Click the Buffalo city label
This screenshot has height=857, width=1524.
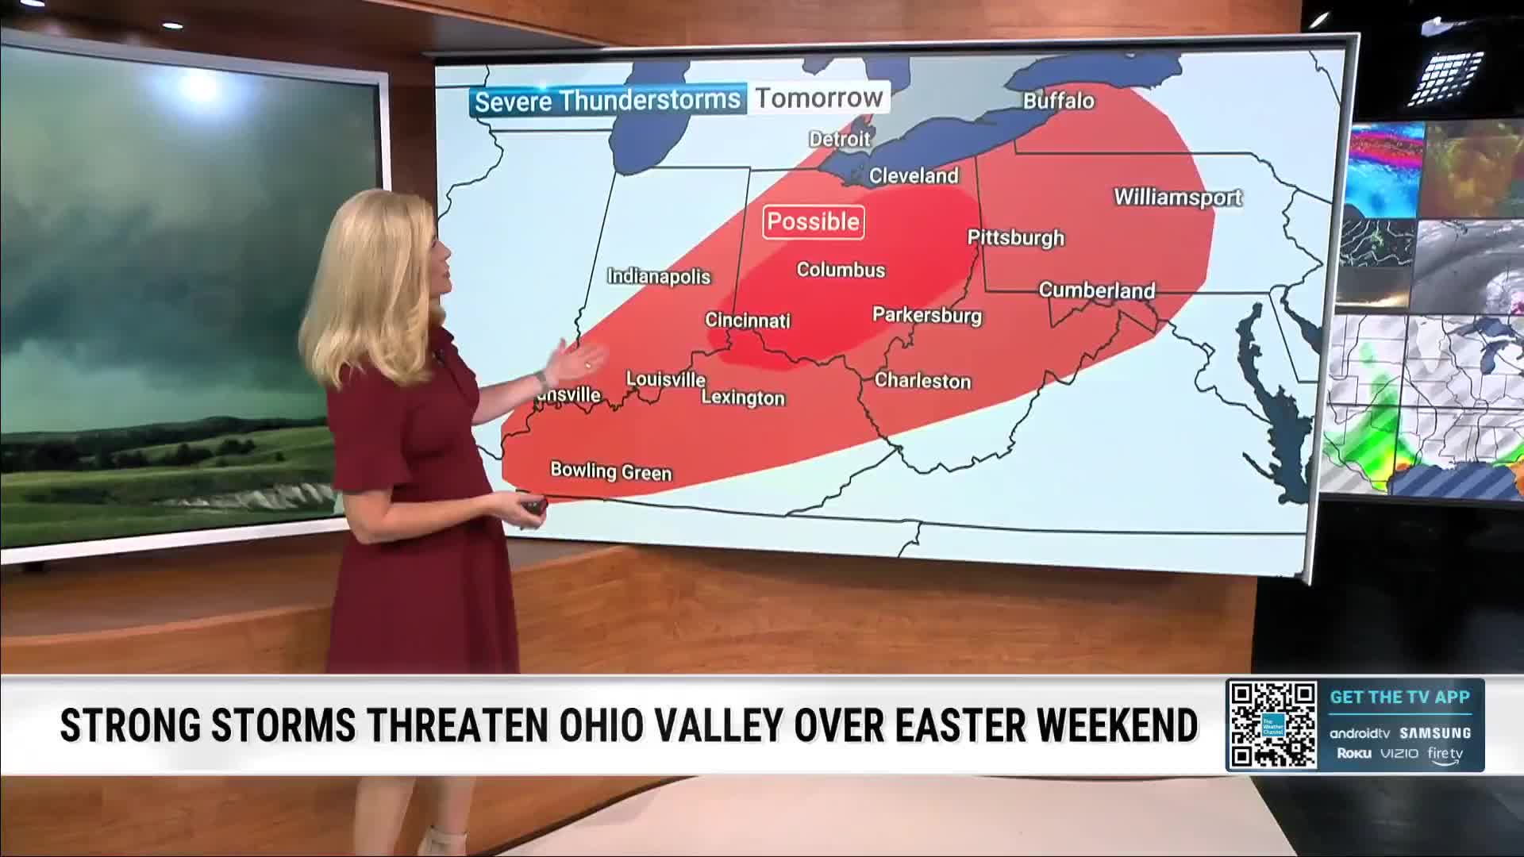(1058, 101)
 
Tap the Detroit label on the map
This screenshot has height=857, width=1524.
(839, 139)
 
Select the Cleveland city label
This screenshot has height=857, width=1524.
(914, 175)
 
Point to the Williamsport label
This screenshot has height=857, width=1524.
(1178, 197)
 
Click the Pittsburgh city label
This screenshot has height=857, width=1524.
(1015, 237)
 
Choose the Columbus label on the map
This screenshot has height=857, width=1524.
(841, 270)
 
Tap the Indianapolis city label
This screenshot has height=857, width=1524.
(659, 276)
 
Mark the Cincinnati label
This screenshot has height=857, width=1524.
(748, 321)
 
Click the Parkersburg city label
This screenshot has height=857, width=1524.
(927, 315)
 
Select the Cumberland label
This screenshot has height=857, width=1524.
(1097, 290)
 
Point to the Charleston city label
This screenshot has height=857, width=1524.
(922, 381)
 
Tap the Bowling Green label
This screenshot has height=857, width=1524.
(611, 471)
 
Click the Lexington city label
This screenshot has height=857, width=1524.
(743, 398)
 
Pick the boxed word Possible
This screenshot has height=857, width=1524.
(814, 221)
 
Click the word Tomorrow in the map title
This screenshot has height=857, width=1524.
(818, 98)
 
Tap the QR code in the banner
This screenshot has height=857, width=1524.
(1272, 725)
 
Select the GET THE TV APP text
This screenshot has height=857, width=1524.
(1400, 698)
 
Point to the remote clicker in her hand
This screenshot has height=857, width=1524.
(533, 505)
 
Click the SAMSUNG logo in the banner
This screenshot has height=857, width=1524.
(1435, 733)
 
